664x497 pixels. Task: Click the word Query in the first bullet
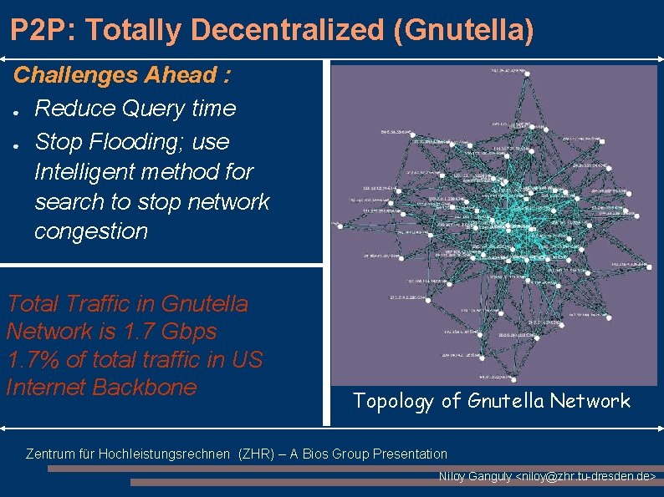[154, 109]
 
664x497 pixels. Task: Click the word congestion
[91, 231]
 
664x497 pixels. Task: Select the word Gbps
[192, 332]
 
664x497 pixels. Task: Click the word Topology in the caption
[394, 401]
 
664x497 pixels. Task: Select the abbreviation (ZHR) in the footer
[257, 454]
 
